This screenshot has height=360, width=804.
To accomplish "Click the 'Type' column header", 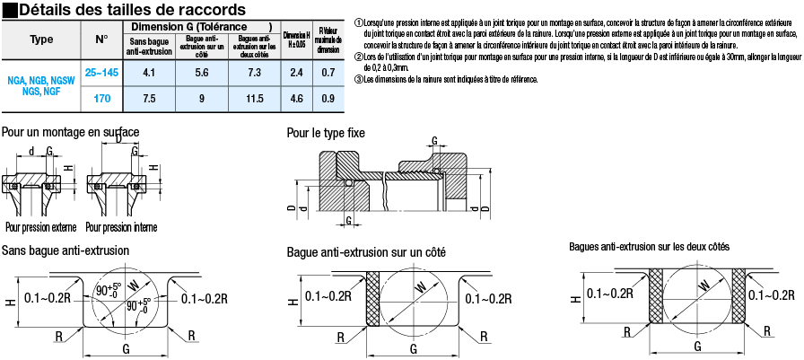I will [41, 40].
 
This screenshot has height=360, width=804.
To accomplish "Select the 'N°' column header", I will [100, 40].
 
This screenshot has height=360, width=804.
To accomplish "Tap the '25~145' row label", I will [100, 71].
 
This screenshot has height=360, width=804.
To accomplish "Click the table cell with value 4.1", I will [150, 71].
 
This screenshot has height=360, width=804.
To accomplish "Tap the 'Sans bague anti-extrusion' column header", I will [150, 46].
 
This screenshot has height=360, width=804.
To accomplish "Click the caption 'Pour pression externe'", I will [40, 226].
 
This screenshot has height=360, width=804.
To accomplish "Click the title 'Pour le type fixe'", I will [326, 133].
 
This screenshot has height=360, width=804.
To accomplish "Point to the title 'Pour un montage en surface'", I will [70, 132].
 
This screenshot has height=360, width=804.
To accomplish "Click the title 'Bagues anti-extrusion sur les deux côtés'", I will [649, 246].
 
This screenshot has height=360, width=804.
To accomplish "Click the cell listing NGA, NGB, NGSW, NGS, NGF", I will [41, 84].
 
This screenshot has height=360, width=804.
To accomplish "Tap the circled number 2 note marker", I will [358, 56].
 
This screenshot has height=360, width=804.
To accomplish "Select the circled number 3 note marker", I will [358, 79].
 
